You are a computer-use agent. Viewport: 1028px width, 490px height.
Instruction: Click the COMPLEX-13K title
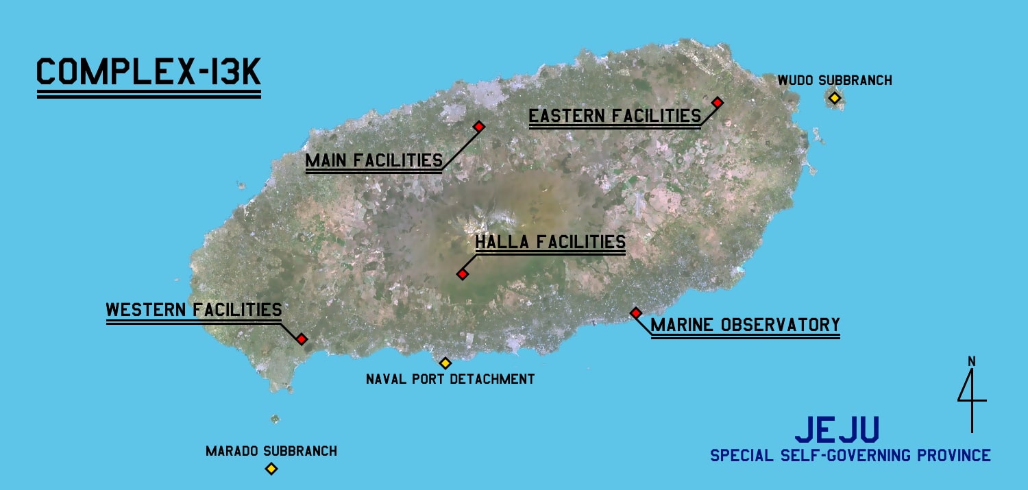coord(148,72)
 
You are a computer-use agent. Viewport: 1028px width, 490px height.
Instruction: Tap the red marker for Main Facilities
coord(479,126)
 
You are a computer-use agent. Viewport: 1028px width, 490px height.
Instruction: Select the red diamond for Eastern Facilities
coord(718,102)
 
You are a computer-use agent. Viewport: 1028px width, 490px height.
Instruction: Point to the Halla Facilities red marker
coord(463,274)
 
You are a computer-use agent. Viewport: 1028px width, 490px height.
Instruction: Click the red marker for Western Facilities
coord(302,339)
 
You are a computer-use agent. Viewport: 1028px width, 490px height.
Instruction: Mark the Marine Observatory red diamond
coord(635,313)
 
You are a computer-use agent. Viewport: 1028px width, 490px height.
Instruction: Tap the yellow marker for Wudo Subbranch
coord(834,98)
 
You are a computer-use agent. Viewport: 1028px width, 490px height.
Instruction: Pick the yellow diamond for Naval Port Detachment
coord(445,363)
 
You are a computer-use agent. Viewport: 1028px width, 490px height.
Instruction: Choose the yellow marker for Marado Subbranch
coord(271,469)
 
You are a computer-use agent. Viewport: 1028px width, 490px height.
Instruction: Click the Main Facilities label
coord(374,160)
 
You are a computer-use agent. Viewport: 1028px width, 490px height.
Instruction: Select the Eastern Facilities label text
coord(615,116)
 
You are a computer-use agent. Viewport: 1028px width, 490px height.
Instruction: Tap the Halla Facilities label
coord(550,242)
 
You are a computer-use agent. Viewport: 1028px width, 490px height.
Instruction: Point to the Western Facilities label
coord(193,310)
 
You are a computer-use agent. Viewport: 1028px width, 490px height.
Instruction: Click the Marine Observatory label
coord(745,325)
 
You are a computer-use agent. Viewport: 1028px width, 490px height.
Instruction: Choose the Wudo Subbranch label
coord(834,81)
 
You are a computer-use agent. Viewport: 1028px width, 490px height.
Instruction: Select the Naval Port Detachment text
coord(450,378)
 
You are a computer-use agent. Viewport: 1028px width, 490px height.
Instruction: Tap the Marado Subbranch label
coord(271,451)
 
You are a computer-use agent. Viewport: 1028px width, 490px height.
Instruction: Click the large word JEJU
coord(837,429)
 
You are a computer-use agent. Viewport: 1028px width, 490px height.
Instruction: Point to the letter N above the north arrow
coord(971,361)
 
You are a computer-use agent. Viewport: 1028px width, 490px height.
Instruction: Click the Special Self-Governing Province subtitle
coord(850,455)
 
